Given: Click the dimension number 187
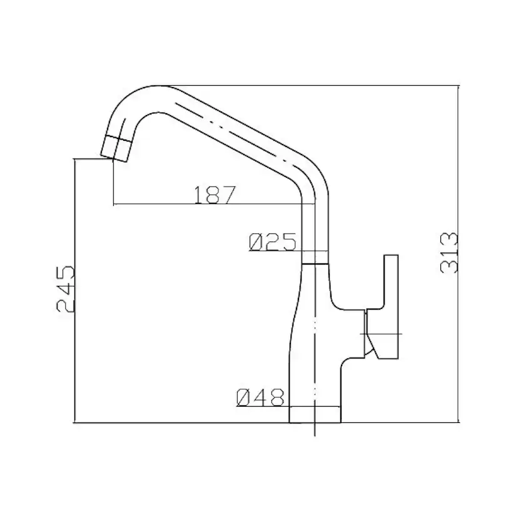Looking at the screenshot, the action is tap(215, 195).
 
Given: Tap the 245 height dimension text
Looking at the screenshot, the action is tap(66, 288).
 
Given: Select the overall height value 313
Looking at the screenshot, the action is tap(449, 253).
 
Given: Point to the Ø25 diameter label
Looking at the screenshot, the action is tap(273, 242).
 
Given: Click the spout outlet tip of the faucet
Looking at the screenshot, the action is tap(114, 149).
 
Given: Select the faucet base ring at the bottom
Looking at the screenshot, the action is tap(315, 414).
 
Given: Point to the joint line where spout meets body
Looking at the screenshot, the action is tap(315, 263).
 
